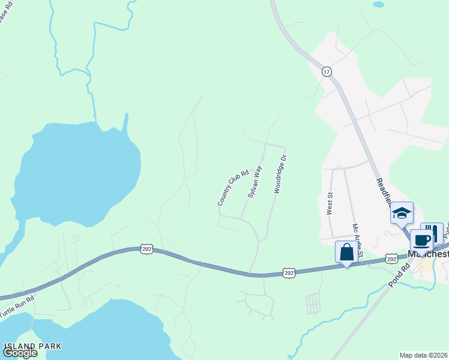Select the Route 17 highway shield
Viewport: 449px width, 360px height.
327,71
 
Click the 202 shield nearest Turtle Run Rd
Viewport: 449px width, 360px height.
146,248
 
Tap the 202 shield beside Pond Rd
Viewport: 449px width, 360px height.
391,258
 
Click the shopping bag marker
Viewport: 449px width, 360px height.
346,252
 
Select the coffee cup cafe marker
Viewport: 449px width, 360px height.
421,240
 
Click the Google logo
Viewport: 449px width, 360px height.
20,353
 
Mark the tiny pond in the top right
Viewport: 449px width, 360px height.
378,4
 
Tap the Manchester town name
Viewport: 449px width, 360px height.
429,254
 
